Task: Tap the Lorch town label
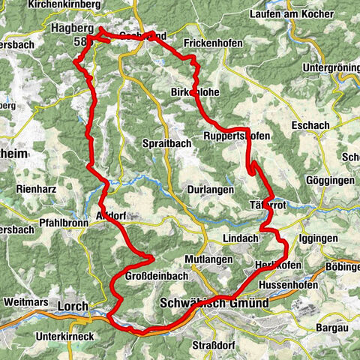(x=73, y=306)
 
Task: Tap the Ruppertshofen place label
(x=235, y=136)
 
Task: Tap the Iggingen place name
(x=317, y=238)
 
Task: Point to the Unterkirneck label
(x=64, y=337)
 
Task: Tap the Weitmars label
(x=26, y=301)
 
